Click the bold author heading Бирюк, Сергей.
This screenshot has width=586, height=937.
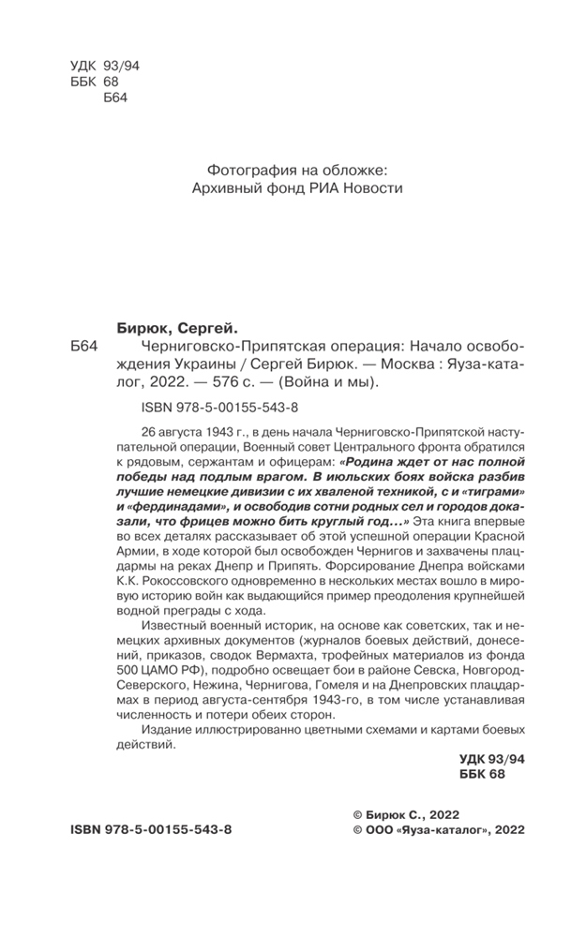(x=177, y=327)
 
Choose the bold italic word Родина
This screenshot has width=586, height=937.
(x=371, y=463)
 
